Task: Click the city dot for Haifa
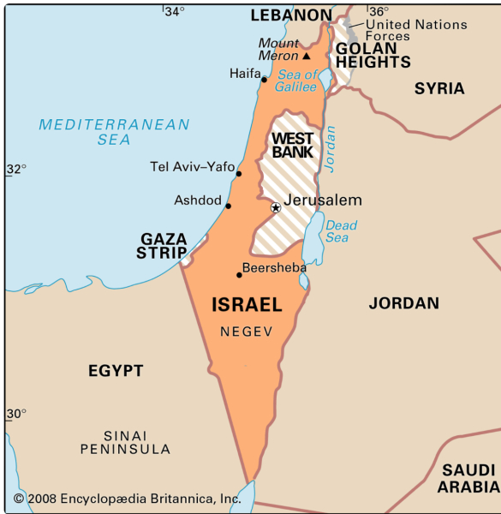click(x=265, y=80)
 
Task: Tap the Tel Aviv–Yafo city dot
click(x=239, y=174)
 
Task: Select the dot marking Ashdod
click(x=228, y=206)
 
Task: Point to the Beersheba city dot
click(x=239, y=275)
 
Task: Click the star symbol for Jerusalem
click(x=276, y=207)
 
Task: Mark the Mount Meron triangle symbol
click(x=306, y=57)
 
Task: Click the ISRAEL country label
click(x=247, y=304)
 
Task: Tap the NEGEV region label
click(x=246, y=332)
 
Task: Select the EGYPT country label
click(x=116, y=371)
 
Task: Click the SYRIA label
click(x=439, y=88)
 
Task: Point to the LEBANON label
click(x=290, y=15)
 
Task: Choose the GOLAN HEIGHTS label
click(x=373, y=55)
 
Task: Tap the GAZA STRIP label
click(x=163, y=245)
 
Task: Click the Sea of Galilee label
click(x=297, y=81)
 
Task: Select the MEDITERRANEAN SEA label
click(x=114, y=132)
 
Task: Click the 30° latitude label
click(x=15, y=414)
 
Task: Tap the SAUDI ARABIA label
click(x=468, y=478)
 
